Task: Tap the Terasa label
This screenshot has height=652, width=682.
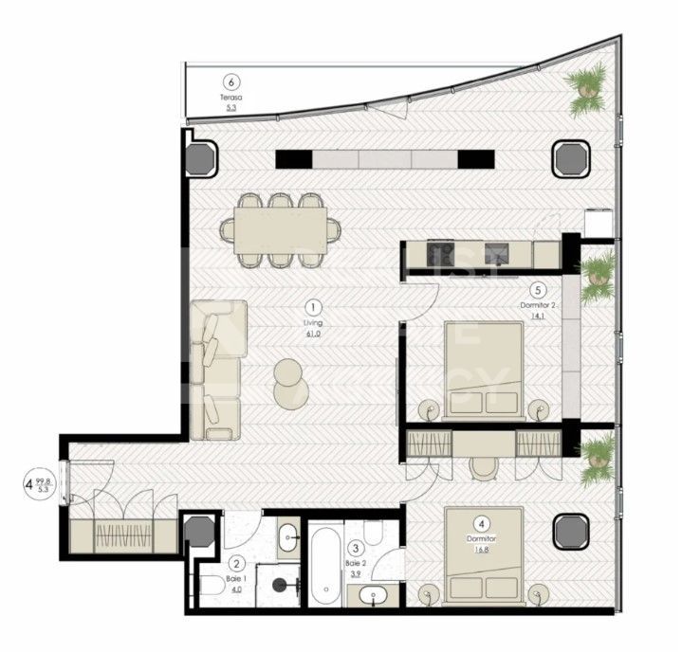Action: [x=230, y=98]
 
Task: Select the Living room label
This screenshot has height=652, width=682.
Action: [x=314, y=323]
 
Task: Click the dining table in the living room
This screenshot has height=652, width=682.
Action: [x=281, y=228]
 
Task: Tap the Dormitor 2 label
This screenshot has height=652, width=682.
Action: [x=537, y=305]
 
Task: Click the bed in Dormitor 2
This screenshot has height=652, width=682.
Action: [x=484, y=370]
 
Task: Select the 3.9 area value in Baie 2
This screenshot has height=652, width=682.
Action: [x=356, y=574]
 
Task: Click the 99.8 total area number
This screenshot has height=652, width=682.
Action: [x=44, y=481]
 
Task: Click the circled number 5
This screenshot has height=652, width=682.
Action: [x=538, y=291]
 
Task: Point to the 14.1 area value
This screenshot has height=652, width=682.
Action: [x=538, y=317]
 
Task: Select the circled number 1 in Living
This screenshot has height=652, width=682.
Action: [x=314, y=307]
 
